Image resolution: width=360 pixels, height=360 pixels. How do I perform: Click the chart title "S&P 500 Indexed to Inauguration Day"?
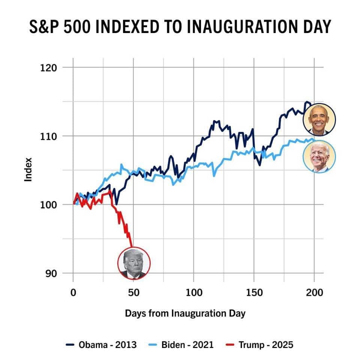click(x=180, y=27)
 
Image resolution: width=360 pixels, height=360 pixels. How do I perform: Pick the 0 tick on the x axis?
click(x=73, y=293)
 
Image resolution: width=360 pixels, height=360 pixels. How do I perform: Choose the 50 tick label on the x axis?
click(x=133, y=293)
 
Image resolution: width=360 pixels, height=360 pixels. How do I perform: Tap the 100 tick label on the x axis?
click(x=193, y=293)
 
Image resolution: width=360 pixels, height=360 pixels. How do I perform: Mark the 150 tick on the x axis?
click(x=254, y=293)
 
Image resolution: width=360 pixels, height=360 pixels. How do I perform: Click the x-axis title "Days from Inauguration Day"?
click(x=185, y=313)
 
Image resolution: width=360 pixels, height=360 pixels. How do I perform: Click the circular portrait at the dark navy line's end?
click(x=319, y=120)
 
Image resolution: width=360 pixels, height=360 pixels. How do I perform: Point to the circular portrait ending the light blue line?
click(x=319, y=156)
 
